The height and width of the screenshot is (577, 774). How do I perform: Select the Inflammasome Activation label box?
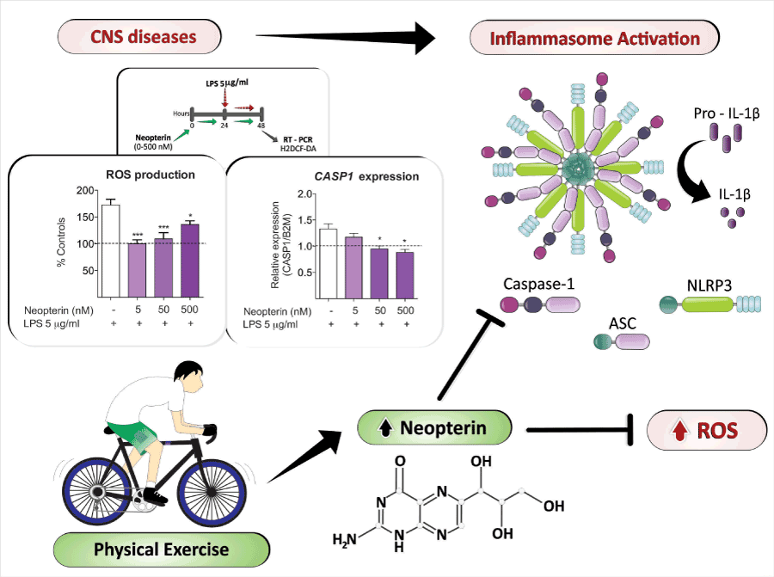pos(593,39)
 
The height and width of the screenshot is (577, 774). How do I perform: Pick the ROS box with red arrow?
pos(706,430)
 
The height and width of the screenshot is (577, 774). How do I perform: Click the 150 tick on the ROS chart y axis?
pos(83,217)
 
